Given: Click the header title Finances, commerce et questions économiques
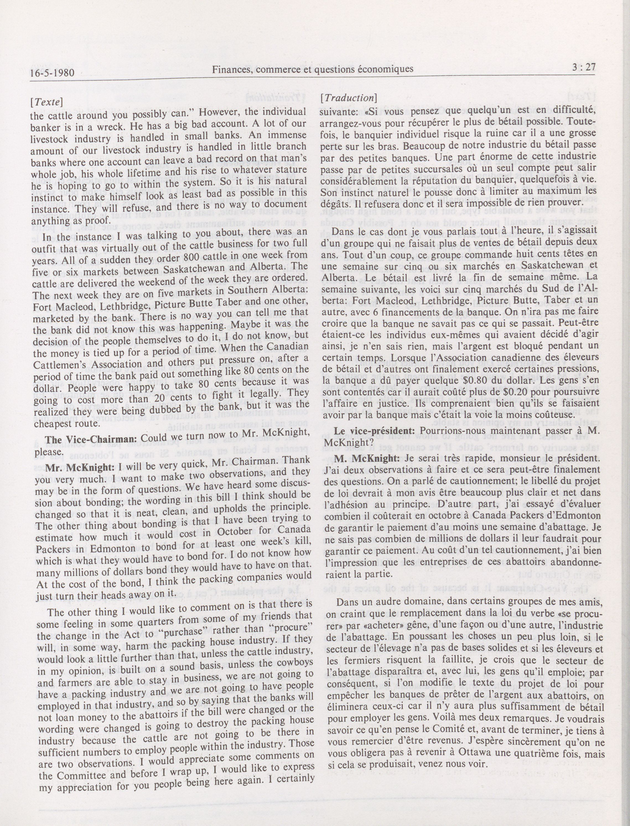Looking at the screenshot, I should pos(313,69).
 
